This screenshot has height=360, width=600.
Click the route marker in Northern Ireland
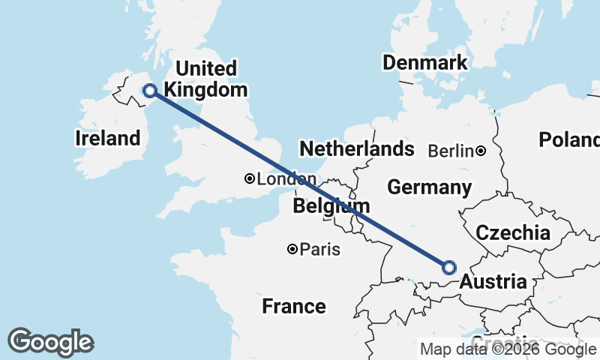tap(150, 91)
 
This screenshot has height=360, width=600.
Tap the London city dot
tap(249, 179)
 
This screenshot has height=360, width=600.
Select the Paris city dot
tap(292, 249)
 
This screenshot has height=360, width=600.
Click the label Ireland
tap(108, 138)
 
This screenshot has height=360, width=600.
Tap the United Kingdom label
tap(205, 79)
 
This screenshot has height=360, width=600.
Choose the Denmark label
tap(424, 63)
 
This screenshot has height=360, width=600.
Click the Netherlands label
tap(357, 148)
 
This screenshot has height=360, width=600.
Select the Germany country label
tap(429, 187)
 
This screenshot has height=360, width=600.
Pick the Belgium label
tap(331, 205)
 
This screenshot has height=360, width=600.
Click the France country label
tap(294, 306)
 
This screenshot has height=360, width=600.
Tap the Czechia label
tap(513, 232)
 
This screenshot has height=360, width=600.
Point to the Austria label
tap(493, 282)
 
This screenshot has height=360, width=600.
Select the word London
tap(286, 179)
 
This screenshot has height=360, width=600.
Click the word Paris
tap(320, 249)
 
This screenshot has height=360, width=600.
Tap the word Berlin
tap(451, 151)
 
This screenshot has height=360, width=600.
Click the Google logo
tap(50, 341)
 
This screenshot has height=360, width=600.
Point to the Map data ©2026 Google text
tap(508, 349)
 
